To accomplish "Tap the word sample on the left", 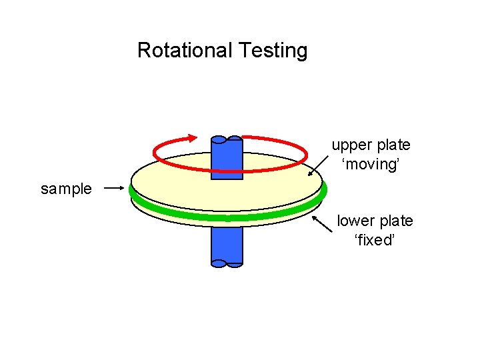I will (66, 189).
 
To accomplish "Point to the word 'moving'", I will (371, 163).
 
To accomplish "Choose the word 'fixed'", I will (375, 240).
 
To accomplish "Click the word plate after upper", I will (393, 145).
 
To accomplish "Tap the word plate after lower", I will (396, 221).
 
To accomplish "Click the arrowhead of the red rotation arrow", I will (192, 138).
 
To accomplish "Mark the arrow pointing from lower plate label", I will (324, 221).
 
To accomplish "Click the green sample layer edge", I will (227, 215).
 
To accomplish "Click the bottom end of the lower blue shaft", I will (227, 263).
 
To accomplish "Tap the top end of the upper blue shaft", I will (227, 140).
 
